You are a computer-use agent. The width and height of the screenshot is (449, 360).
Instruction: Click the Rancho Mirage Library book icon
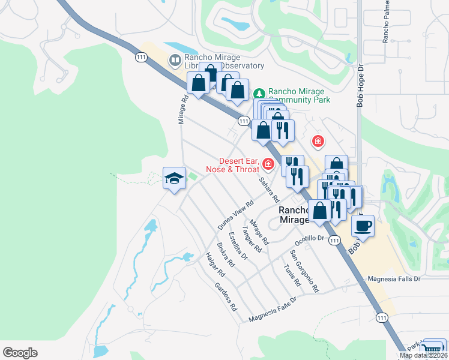point(175,59)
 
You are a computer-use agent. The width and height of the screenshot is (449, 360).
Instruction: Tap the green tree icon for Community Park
point(259,94)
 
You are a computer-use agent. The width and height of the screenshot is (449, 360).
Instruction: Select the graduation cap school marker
point(174,179)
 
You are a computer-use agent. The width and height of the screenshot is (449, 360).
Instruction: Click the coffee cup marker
point(363,226)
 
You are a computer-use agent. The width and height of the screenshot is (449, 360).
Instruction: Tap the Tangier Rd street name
point(252,237)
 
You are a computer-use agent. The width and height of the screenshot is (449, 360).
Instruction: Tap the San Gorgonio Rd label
point(304,271)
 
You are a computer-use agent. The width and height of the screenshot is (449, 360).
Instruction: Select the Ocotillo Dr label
point(309,238)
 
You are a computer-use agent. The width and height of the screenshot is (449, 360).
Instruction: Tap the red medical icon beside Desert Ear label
point(268,164)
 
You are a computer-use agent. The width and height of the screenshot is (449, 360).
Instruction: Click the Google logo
point(20,353)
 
